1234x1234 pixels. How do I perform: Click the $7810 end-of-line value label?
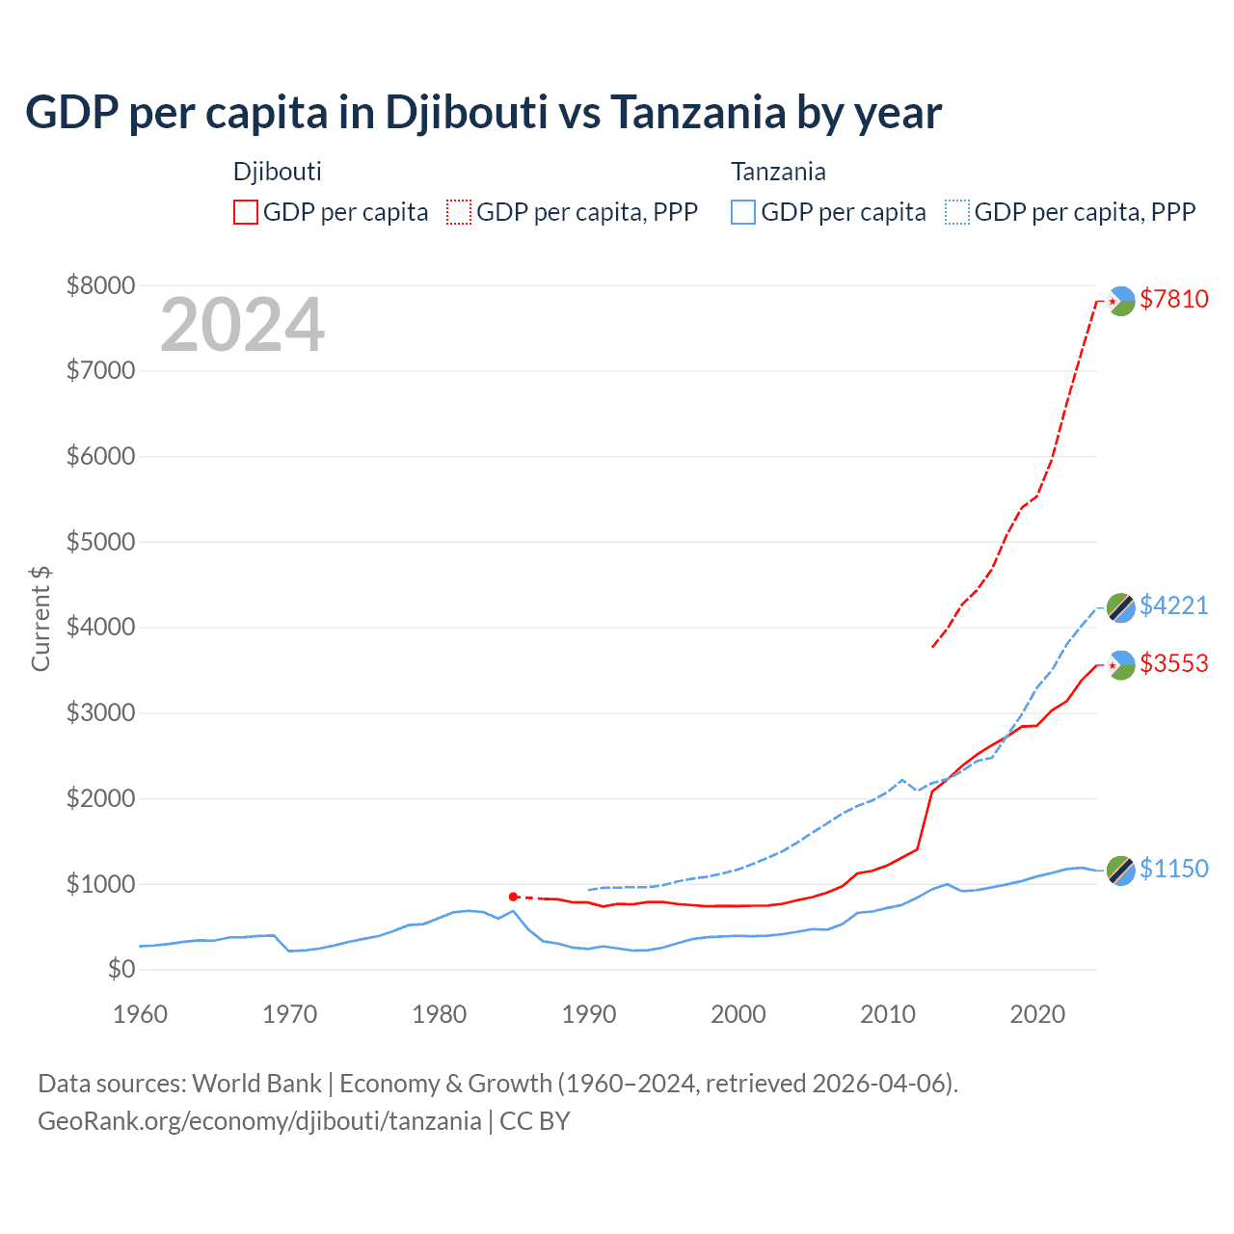tap(1173, 299)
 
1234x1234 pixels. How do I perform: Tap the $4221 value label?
tap(1173, 605)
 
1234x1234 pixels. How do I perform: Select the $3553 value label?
tap(1173, 663)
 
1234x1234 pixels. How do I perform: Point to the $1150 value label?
tap(1173, 869)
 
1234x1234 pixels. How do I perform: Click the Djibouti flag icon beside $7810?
tap(1120, 301)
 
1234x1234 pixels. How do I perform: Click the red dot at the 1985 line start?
tap(514, 897)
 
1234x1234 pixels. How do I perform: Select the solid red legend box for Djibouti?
tap(246, 212)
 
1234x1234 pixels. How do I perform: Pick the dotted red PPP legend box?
tap(459, 212)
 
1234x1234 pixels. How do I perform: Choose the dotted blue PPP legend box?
tap(957, 212)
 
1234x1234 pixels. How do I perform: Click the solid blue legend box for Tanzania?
tap(743, 212)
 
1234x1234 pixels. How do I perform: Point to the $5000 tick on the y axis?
tap(100, 542)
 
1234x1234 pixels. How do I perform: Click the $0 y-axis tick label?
tap(121, 969)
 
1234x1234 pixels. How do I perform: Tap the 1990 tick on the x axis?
tap(589, 1014)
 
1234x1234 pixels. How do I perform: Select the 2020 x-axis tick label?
tap(1037, 1014)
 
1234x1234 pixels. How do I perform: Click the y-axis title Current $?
tap(40, 619)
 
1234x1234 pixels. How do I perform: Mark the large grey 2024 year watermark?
tap(242, 326)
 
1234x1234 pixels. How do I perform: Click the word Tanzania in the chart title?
tap(698, 113)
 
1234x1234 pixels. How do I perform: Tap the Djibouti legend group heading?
tap(278, 172)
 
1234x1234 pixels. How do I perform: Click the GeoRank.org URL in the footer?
tap(259, 1121)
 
